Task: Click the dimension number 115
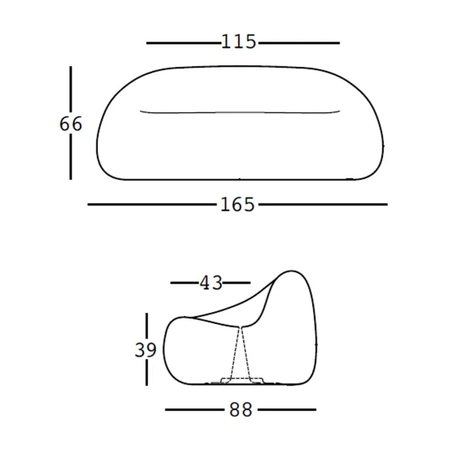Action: tap(238, 41)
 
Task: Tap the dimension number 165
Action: tap(237, 205)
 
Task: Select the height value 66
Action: tap(71, 124)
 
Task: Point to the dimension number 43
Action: tap(211, 283)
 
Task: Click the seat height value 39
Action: tap(145, 350)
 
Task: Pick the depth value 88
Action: tap(240, 410)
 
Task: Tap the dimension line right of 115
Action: tap(299, 43)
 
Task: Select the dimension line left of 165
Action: tap(152, 205)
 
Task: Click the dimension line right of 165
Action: tap(323, 205)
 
